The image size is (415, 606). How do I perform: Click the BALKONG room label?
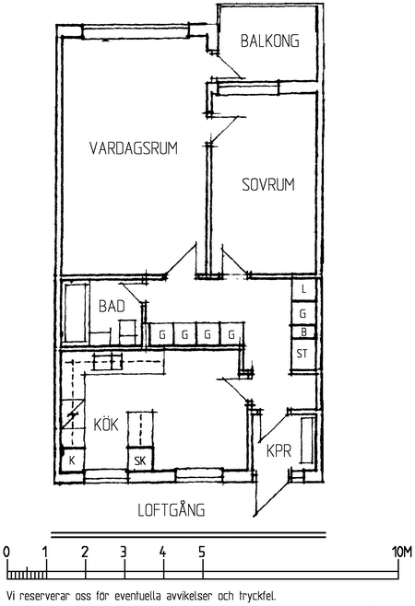(270, 41)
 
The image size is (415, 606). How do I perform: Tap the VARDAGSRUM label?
(134, 148)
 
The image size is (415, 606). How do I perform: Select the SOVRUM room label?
(268, 185)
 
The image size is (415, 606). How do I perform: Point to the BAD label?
(112, 306)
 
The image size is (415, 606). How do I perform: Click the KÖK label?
(106, 424)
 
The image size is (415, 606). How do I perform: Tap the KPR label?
(279, 451)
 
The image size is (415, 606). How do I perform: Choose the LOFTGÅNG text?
(172, 510)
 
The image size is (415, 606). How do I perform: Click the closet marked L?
(304, 288)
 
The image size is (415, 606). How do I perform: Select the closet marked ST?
(303, 355)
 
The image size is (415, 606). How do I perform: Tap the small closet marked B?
(304, 332)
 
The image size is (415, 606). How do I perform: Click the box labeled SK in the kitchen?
(140, 460)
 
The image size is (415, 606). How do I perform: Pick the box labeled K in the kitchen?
(72, 460)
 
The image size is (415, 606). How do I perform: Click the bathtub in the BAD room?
(76, 313)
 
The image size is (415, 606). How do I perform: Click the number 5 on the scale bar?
(202, 553)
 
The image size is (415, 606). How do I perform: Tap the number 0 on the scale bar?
(6, 553)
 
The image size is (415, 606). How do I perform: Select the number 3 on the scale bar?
(124, 553)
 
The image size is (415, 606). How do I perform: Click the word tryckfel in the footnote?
(257, 596)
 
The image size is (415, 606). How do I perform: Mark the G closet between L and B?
(304, 313)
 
